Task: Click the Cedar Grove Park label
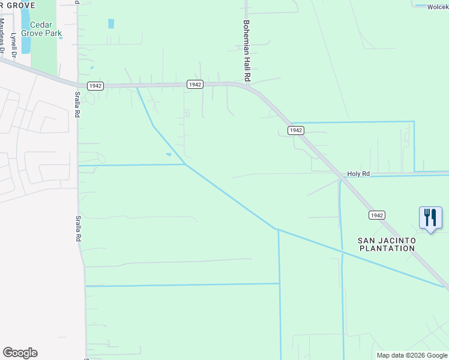tap(42, 29)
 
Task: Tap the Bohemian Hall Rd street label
tap(246, 52)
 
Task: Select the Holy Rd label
tap(358, 174)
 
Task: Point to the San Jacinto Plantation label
tap(387, 244)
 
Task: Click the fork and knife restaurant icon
tap(430, 217)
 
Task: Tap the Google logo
tap(20, 353)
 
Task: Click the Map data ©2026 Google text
tap(412, 355)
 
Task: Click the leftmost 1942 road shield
tap(94, 86)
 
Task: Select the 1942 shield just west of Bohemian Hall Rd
tap(194, 85)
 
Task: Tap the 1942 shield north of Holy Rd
tap(295, 130)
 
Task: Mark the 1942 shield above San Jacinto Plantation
tap(376, 215)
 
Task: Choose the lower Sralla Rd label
tap(78, 229)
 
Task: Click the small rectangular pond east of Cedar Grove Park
tap(111, 23)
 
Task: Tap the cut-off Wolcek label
tap(437, 7)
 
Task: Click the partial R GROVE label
tap(18, 5)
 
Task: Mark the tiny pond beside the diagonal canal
tap(169, 154)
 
